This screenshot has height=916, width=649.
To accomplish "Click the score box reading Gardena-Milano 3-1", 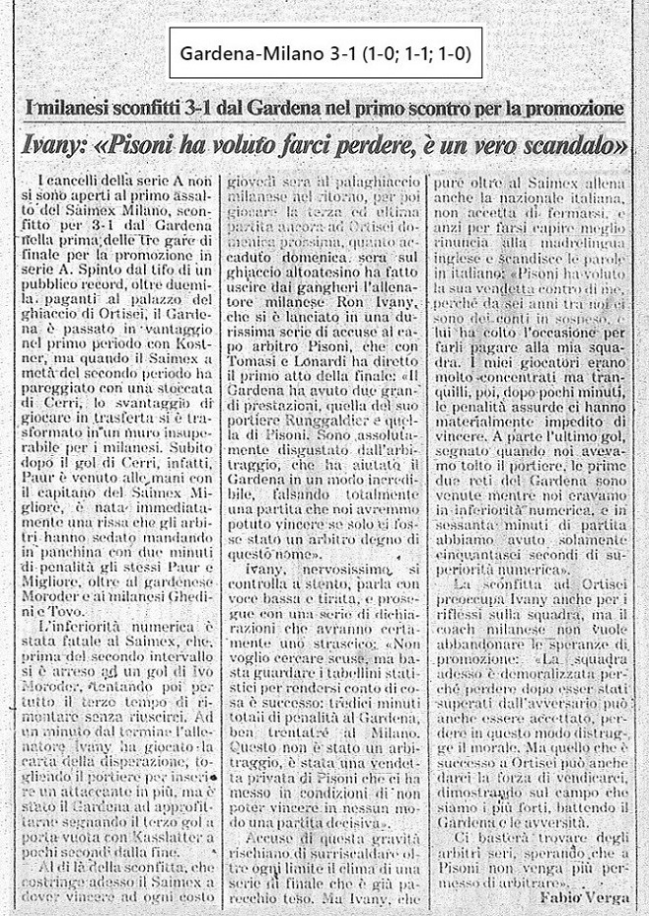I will [x=324, y=55].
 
